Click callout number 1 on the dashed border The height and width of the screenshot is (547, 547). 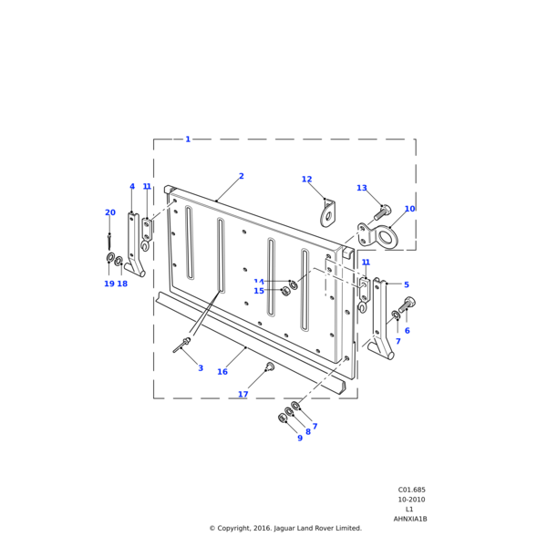[x=188, y=139]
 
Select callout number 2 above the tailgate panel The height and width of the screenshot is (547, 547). [x=242, y=176]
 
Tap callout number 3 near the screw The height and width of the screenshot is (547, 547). [x=201, y=368]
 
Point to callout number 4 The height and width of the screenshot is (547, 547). [x=132, y=187]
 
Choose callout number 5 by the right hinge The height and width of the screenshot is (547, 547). [x=407, y=285]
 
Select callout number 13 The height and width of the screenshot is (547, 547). [x=362, y=189]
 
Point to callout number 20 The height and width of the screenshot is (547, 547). [x=110, y=212]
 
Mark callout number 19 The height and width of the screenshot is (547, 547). [x=108, y=284]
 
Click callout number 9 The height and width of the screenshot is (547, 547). [x=300, y=438]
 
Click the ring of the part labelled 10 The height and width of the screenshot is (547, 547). [x=389, y=238]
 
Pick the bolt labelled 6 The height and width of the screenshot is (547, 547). [x=407, y=304]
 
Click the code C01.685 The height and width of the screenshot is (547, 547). [x=410, y=490]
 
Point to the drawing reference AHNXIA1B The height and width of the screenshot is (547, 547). [x=410, y=519]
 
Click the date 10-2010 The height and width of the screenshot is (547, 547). [x=410, y=500]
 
